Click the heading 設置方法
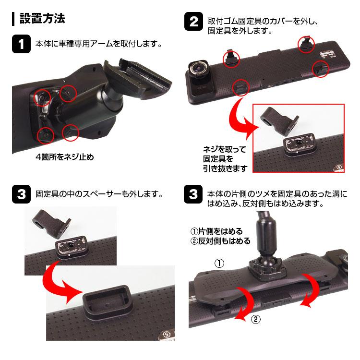tap(42, 18)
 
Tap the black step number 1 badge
tap(21, 44)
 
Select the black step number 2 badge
tap(193, 21)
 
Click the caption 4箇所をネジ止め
tap(65, 157)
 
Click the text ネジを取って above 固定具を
tap(225, 149)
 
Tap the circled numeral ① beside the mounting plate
tap(219, 263)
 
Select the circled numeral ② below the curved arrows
tap(256, 319)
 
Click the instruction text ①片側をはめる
tap(216, 231)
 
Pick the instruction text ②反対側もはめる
tap(220, 241)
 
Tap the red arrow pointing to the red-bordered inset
tap(241, 120)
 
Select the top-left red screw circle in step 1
tap(42, 97)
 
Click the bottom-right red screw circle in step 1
tap(70, 132)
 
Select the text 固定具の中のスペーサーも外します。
tap(99, 194)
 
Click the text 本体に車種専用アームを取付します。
tap(99, 44)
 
